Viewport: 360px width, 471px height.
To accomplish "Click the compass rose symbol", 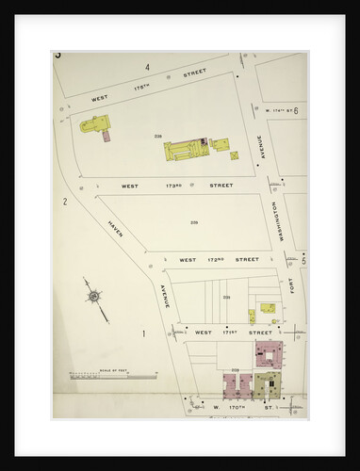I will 94,298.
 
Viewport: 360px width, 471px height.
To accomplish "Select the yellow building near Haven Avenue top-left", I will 95,123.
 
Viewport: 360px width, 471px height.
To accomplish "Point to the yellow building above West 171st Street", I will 269,307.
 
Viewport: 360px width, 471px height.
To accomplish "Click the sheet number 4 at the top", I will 147,67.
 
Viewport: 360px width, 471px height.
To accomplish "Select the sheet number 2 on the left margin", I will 65,202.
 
